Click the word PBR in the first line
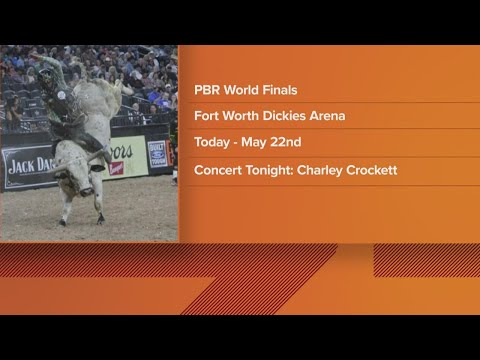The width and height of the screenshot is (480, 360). click(x=207, y=88)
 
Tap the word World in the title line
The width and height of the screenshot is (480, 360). click(x=240, y=88)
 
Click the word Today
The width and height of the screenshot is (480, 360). click(x=213, y=143)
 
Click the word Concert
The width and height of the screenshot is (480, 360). click(x=221, y=171)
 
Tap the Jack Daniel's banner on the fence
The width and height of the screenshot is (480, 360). click(x=28, y=165)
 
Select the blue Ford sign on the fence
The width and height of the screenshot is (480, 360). click(x=157, y=153)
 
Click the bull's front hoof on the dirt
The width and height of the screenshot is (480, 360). click(x=100, y=219)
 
